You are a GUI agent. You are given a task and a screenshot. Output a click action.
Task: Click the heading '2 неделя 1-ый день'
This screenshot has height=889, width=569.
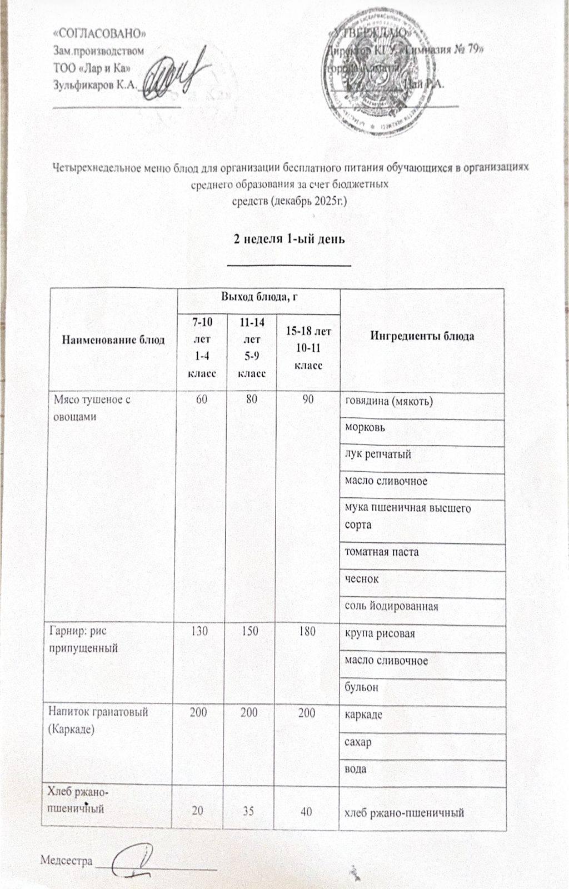[289, 239]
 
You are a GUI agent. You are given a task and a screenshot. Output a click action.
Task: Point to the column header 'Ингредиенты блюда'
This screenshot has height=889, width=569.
[422, 336]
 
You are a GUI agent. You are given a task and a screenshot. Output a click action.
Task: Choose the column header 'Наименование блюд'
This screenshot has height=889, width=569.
[113, 339]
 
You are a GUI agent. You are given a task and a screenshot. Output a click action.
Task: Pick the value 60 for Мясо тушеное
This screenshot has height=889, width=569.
[202, 399]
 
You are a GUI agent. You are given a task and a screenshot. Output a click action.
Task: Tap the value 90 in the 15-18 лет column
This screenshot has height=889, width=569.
[308, 399]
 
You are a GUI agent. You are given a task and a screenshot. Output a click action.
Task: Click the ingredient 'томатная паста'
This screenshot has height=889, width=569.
[382, 552]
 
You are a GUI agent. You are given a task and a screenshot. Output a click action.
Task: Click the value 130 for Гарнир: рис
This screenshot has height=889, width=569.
[200, 631]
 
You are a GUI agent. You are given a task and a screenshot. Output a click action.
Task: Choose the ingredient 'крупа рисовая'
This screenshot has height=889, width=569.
[380, 633]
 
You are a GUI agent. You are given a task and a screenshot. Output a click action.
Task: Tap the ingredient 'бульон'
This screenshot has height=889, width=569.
[362, 687]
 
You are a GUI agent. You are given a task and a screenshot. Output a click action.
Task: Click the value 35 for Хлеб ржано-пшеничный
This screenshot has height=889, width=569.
[248, 812]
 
